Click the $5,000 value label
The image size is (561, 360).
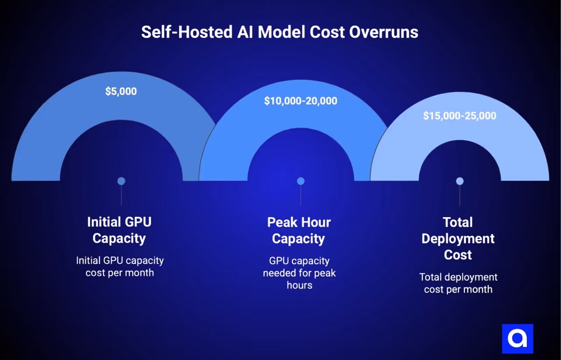121,92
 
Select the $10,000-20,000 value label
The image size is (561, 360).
301,101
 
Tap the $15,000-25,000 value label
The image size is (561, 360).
459,116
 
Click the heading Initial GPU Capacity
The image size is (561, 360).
119,230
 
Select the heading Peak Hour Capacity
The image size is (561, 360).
299,230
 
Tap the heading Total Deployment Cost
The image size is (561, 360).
458,238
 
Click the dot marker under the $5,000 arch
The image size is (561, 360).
121,181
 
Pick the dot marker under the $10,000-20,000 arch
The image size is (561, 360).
301,181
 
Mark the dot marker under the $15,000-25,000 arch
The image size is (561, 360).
459,181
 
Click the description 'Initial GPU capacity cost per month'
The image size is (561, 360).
120,266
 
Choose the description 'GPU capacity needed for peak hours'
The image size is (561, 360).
299,273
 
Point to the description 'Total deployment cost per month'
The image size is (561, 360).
458,283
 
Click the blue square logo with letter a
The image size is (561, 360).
517,339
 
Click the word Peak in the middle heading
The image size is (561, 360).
283,222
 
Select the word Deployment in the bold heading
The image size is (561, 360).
458,239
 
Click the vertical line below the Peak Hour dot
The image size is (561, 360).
301,195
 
